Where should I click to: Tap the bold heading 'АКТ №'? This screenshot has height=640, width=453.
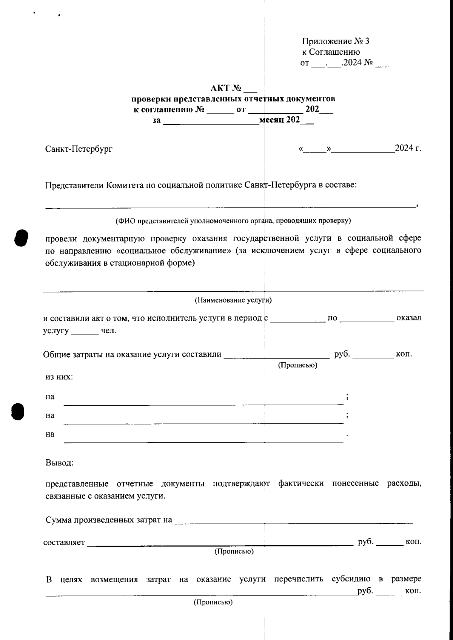coord(226,88)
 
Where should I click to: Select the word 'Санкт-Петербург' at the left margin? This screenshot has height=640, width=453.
coord(79,149)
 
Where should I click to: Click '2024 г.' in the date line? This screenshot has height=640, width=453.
coord(408,148)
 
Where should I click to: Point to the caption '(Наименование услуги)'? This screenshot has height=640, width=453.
coord(233,300)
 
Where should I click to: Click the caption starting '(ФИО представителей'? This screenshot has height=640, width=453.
coord(233,220)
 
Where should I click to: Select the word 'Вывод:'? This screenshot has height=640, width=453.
coord(59,463)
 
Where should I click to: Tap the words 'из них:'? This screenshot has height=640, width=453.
coord(59,377)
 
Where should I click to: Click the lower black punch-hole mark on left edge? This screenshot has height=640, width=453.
coord(17,411)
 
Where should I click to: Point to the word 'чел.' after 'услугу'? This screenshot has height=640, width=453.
coord(109,331)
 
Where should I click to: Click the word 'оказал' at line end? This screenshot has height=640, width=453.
coord(408,318)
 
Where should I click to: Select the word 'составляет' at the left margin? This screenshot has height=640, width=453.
coord(64,543)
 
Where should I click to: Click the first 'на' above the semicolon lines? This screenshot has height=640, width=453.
coord(50,397)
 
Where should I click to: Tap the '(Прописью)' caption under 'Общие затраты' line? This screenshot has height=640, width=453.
coord(297,365)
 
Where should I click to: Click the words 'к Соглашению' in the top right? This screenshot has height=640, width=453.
coord(331,52)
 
